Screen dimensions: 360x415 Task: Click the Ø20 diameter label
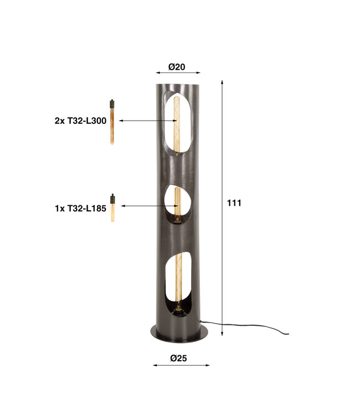tap(177, 67)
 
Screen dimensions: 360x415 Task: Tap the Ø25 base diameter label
tap(178, 358)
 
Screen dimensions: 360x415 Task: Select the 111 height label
tap(234, 203)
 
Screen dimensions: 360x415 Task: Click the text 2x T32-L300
tap(80, 121)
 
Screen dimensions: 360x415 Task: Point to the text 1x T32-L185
tap(80, 208)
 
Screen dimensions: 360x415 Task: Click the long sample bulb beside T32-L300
tap(112, 122)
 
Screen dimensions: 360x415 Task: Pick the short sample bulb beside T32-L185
tap(112, 207)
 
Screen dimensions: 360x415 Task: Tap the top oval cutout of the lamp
tap(177, 123)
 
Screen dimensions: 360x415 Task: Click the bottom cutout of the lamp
tap(178, 284)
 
